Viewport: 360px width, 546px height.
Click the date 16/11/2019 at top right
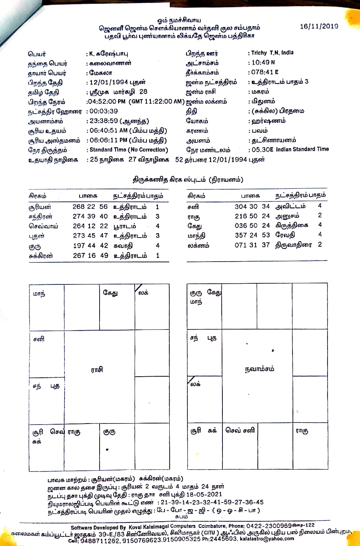pyautogui.click(x=319, y=26)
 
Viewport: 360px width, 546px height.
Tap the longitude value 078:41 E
pyautogui.click(x=264, y=72)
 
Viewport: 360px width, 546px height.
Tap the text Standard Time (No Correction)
pyautogui.click(x=129, y=150)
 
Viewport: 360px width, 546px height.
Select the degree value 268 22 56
pyautogui.click(x=90, y=207)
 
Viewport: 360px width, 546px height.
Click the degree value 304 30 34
pyautogui.click(x=252, y=206)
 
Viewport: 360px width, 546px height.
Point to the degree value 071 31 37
pyautogui.click(x=252, y=245)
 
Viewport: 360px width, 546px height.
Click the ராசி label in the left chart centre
pyautogui.click(x=97, y=369)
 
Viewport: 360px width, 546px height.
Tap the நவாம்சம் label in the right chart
pyautogui.click(x=260, y=369)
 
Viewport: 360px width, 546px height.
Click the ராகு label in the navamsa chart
pyautogui.click(x=302, y=431)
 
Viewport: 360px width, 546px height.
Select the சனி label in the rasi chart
pyautogui.click(x=39, y=339)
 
